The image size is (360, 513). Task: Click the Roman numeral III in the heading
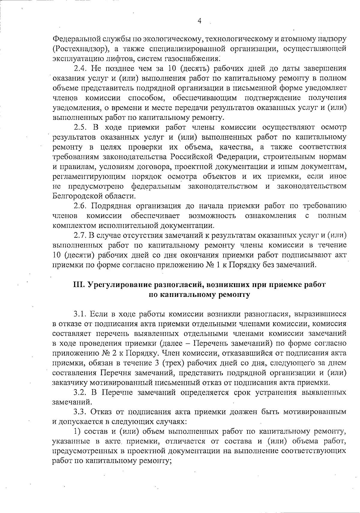(79, 285)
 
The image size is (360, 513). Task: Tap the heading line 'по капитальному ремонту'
(199, 294)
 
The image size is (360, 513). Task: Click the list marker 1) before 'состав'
(77, 432)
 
